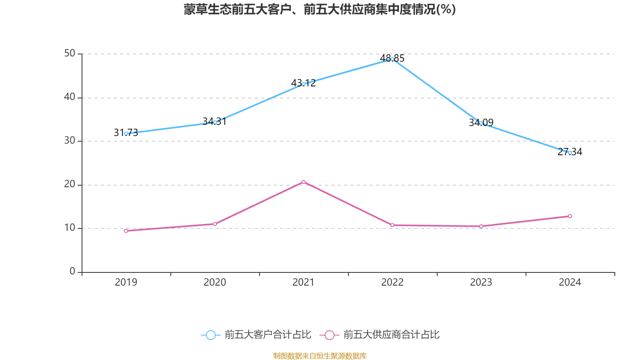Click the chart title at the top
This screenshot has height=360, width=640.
pos(320,9)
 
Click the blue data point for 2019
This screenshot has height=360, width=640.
pos(126,134)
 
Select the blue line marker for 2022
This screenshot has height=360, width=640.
pos(392,59)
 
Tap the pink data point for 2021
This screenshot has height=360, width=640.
pos(304,182)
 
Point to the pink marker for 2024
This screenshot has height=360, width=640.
pos(570,216)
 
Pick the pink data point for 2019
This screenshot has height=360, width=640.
pos(126,231)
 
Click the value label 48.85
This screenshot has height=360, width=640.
pos(392,58)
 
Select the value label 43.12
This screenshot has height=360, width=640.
pos(304,83)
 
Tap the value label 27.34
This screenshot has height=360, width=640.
pos(570,152)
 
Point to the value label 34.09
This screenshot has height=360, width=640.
pos(481,122)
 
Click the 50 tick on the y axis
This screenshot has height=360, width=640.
pos(70,53)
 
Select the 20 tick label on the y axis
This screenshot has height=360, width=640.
pos(70,184)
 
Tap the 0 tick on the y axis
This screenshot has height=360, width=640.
pos(72,271)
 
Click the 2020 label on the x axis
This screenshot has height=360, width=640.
pos(215,282)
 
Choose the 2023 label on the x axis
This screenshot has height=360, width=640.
pos(481,282)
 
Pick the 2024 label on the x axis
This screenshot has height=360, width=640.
pos(570,282)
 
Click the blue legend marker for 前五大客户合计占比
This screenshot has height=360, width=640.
pos(210,335)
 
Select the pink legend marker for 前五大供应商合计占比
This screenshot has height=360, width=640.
pos(329,335)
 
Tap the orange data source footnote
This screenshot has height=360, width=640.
pos(320,356)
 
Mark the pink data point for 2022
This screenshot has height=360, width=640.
pos(392,225)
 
